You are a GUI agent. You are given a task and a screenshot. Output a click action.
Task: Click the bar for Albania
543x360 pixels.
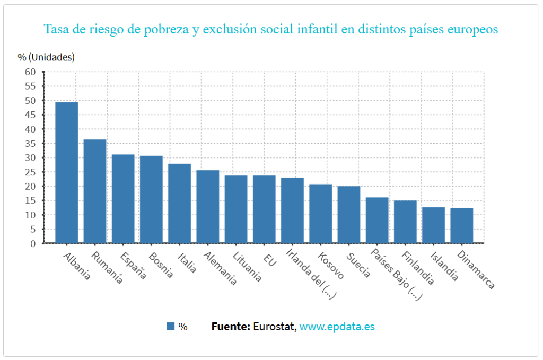[67, 172]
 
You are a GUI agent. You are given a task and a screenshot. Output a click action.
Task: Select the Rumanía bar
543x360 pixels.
[95, 191]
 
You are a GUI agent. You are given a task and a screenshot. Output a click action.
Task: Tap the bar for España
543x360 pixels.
[123, 199]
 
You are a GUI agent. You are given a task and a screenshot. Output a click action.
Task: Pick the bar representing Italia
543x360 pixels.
[179, 204]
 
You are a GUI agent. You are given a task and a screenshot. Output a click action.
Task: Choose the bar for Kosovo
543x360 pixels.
[320, 214]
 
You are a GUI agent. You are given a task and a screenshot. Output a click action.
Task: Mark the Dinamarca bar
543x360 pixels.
[461, 225]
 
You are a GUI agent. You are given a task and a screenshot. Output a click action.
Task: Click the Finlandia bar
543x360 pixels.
[405, 222]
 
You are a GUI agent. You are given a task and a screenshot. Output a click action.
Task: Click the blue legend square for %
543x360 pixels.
[170, 327]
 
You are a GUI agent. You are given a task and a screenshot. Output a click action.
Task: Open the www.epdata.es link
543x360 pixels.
[337, 327]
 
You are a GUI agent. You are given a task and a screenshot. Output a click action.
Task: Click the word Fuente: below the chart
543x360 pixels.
[231, 327]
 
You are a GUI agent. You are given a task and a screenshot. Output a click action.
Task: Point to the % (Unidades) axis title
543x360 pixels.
[46, 57]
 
